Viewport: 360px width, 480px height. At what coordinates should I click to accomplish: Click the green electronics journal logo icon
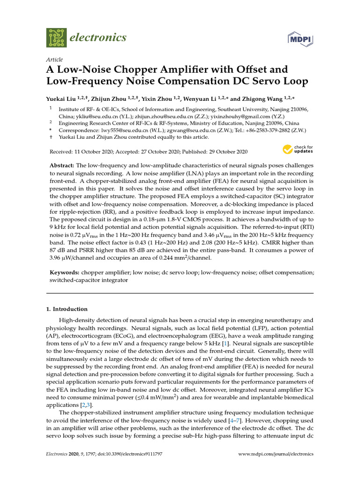point(56,37)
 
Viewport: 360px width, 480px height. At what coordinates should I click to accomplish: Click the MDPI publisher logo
point(300,38)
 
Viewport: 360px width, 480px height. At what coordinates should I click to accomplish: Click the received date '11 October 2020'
point(91,152)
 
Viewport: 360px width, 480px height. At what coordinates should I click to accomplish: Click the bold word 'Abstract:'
point(62,166)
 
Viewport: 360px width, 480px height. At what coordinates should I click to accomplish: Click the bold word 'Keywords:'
point(64,272)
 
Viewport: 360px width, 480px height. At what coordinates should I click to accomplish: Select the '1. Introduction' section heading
point(67,309)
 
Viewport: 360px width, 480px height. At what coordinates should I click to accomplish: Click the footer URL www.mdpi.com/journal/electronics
point(276,454)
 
